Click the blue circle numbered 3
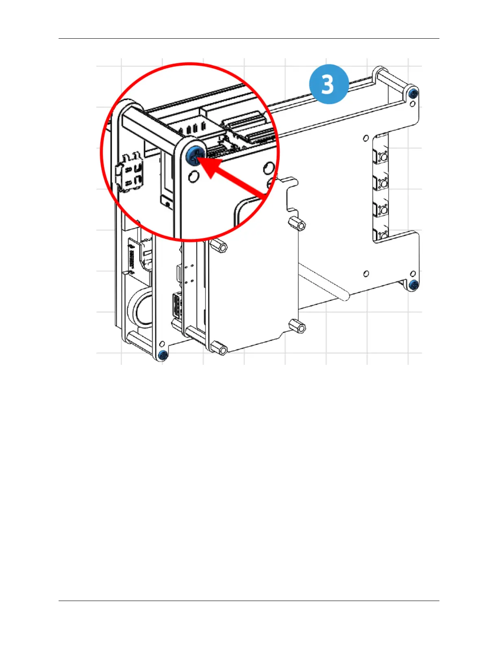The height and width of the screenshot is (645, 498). click(329, 84)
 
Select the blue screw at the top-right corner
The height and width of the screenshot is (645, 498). click(413, 93)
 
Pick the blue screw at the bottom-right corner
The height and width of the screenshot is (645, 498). click(414, 284)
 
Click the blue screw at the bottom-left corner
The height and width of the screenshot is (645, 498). click(163, 355)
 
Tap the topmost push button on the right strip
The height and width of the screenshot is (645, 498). click(382, 156)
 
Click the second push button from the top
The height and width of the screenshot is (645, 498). click(382, 183)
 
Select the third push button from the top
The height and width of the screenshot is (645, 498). click(382, 210)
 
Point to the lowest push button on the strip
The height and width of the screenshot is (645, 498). click(382, 235)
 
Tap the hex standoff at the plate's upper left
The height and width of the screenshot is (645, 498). click(218, 246)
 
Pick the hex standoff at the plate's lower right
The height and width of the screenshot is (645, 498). click(297, 327)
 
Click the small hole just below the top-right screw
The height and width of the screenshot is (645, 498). click(413, 104)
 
